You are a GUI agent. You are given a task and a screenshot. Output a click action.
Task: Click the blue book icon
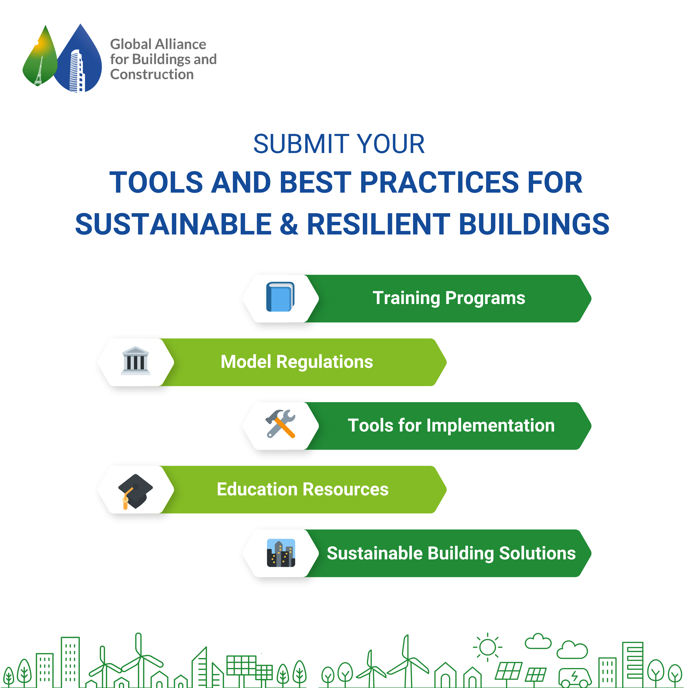pos(280,297)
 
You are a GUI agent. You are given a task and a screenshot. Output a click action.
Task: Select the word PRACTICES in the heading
pos(439,182)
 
